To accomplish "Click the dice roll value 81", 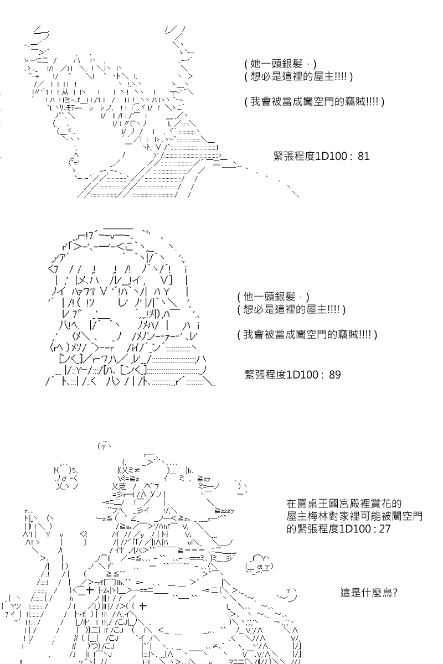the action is click(x=363, y=156).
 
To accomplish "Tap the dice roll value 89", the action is click(x=334, y=375).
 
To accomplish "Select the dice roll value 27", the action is click(x=384, y=528).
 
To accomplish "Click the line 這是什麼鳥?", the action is click(x=369, y=593).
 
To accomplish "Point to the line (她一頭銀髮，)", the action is click(x=280, y=64).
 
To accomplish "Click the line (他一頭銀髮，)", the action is click(x=274, y=297).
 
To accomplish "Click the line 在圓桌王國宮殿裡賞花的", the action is click(x=344, y=504).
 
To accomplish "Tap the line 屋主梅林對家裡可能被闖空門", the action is click(x=354, y=516).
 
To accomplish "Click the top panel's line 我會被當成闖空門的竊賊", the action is click(x=314, y=102).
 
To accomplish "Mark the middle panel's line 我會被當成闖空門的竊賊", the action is click(x=307, y=335).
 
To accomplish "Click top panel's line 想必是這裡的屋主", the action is click(x=298, y=76).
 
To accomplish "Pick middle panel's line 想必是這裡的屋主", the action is click(x=291, y=309).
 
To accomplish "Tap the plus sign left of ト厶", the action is click(x=89, y=590).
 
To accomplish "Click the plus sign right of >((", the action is click(x=143, y=605).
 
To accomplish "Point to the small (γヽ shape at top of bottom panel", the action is click(x=104, y=445).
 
